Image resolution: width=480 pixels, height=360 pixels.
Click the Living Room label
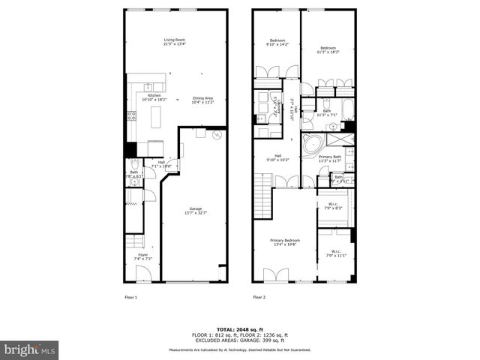tap(175, 42)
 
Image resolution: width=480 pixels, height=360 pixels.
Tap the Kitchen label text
tap(154, 97)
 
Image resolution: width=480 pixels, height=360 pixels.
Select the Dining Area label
tap(202, 100)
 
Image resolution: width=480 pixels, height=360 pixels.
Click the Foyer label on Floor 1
tap(142, 256)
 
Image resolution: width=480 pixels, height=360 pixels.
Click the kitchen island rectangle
tap(157, 118)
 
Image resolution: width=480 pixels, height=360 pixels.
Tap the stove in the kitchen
tap(132, 116)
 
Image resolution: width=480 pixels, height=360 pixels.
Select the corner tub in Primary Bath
tap(310, 145)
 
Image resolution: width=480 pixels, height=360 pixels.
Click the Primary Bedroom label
tap(285, 242)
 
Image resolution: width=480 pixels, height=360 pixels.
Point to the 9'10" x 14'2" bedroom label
tap(277, 42)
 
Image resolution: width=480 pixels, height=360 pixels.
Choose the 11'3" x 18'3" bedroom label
tap(328, 49)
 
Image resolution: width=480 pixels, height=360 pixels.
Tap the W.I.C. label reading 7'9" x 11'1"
tap(335, 253)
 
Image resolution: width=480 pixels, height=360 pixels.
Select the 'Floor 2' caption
tap(259, 297)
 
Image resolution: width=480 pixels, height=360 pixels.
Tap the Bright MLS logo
tap(30, 349)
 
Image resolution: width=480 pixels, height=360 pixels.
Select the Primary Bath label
tap(330, 159)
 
